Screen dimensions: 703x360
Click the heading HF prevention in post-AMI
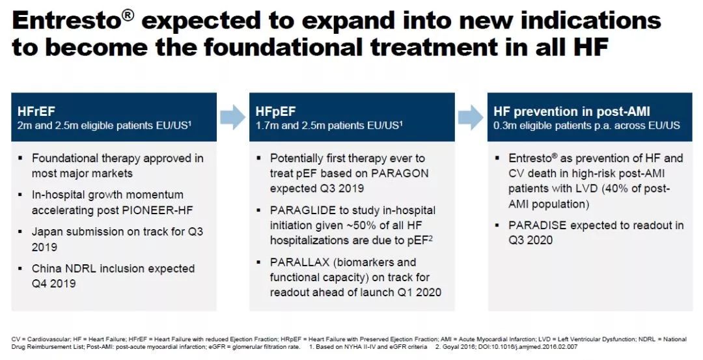572,111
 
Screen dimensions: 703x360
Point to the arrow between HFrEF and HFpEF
232,117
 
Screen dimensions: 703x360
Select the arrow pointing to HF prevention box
471,117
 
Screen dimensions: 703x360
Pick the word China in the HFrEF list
45,269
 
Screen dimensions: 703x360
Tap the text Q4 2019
53,283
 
